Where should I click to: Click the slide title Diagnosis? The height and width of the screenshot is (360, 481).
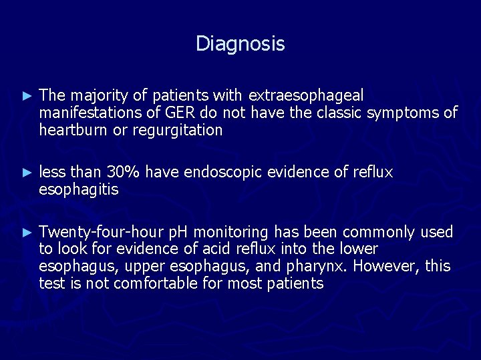240,44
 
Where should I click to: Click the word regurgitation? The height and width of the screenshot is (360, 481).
176,131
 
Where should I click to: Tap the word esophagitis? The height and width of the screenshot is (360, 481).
78,189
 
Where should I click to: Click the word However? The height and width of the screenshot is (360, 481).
387,267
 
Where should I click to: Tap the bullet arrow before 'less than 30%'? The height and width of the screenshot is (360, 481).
27,173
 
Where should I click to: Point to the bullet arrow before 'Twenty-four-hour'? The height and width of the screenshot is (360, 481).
27,233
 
